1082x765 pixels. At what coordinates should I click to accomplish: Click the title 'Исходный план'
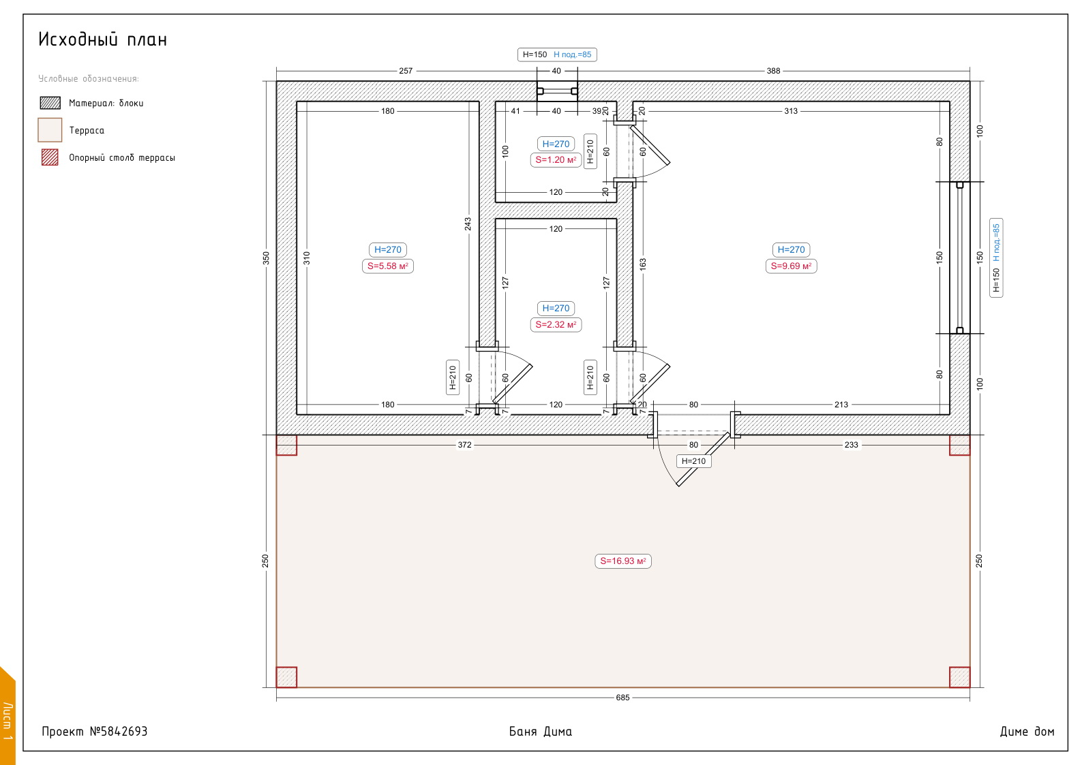(102, 40)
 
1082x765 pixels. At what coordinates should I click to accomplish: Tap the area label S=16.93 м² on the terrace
(622, 561)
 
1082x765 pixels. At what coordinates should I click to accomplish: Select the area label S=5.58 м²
(387, 266)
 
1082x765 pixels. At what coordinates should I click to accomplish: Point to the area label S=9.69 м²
(791, 266)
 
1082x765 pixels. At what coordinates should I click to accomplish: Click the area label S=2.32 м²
(556, 324)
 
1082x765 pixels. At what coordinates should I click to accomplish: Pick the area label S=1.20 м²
(556, 160)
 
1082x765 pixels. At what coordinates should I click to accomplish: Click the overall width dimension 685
(622, 698)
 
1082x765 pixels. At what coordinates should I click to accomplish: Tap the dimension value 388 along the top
(773, 71)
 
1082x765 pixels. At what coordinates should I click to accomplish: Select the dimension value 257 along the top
(406, 71)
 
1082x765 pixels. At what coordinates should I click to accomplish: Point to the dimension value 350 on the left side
(266, 258)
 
